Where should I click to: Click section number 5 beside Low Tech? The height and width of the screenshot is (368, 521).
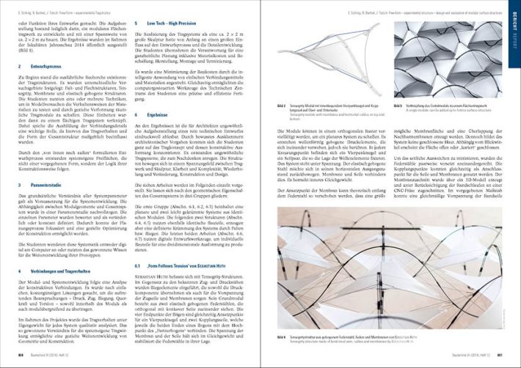[x=136, y=23]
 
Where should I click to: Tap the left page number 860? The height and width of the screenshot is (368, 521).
[x=20, y=354]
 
